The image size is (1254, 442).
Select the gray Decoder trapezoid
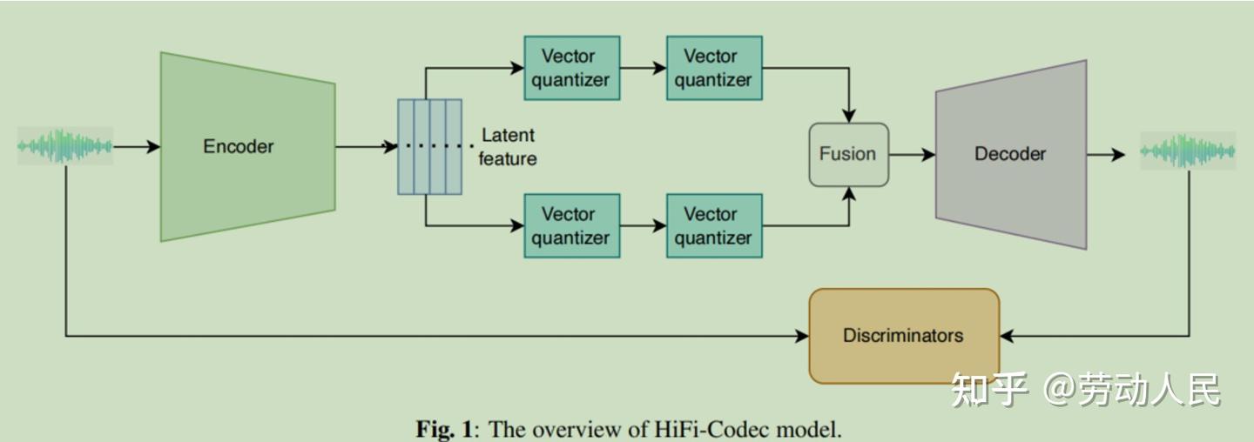pyautogui.click(x=1011, y=154)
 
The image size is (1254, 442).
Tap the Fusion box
pyautogui.click(x=848, y=154)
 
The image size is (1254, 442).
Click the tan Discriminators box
pyautogui.click(x=904, y=336)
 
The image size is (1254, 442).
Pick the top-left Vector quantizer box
pyautogui.click(x=571, y=68)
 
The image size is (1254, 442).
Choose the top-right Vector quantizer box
pyautogui.click(x=713, y=68)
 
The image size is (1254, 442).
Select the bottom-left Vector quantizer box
pyautogui.click(x=571, y=225)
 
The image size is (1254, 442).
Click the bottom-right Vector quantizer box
pyautogui.click(x=713, y=225)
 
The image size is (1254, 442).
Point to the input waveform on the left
pyautogui.click(x=65, y=146)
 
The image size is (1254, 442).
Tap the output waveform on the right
pyautogui.click(x=1188, y=151)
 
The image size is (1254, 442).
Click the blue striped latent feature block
pyautogui.click(x=429, y=146)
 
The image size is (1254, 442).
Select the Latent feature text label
pyautogui.click(x=508, y=146)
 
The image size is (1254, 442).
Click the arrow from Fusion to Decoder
pyautogui.click(x=912, y=155)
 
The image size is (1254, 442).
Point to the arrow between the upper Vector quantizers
pyautogui.click(x=644, y=68)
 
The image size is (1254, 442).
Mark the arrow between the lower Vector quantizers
pyautogui.click(x=644, y=225)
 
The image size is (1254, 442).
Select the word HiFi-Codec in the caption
pyautogui.click(x=724, y=429)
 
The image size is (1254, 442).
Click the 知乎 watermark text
pyautogui.click(x=989, y=389)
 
